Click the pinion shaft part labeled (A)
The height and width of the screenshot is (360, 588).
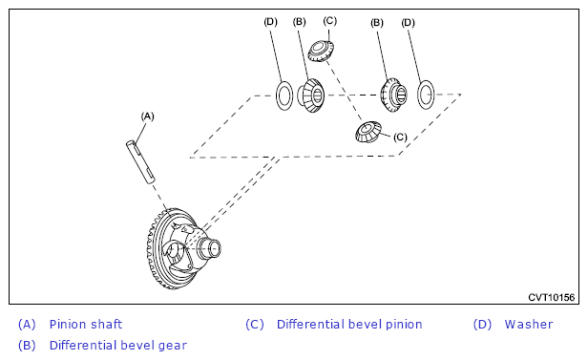click(x=140, y=161)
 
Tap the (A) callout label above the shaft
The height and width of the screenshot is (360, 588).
click(x=147, y=116)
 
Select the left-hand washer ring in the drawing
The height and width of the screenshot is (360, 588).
click(x=284, y=95)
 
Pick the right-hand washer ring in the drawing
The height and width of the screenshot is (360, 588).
click(x=426, y=95)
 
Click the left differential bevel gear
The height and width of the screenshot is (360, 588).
click(x=310, y=95)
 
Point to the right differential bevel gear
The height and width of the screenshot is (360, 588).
click(x=393, y=95)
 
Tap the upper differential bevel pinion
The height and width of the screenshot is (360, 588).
click(x=321, y=52)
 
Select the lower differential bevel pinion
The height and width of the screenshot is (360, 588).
click(x=367, y=132)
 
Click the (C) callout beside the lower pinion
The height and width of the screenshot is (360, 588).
click(x=400, y=138)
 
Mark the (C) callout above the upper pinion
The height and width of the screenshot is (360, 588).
click(x=330, y=21)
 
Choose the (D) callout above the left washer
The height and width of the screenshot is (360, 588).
click(x=270, y=22)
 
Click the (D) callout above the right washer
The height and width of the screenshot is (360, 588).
click(x=408, y=23)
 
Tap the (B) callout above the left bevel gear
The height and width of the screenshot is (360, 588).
click(x=300, y=22)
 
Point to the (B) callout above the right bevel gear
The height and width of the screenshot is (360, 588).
click(x=377, y=23)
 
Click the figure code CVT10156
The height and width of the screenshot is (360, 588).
click(x=552, y=297)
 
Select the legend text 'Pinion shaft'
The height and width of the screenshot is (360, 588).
click(x=86, y=324)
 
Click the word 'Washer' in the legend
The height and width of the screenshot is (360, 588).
click(x=529, y=324)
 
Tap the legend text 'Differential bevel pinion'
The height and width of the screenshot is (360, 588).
click(x=349, y=324)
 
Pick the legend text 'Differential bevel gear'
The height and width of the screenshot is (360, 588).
click(x=118, y=345)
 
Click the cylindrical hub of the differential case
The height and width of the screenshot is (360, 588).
click(x=209, y=248)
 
